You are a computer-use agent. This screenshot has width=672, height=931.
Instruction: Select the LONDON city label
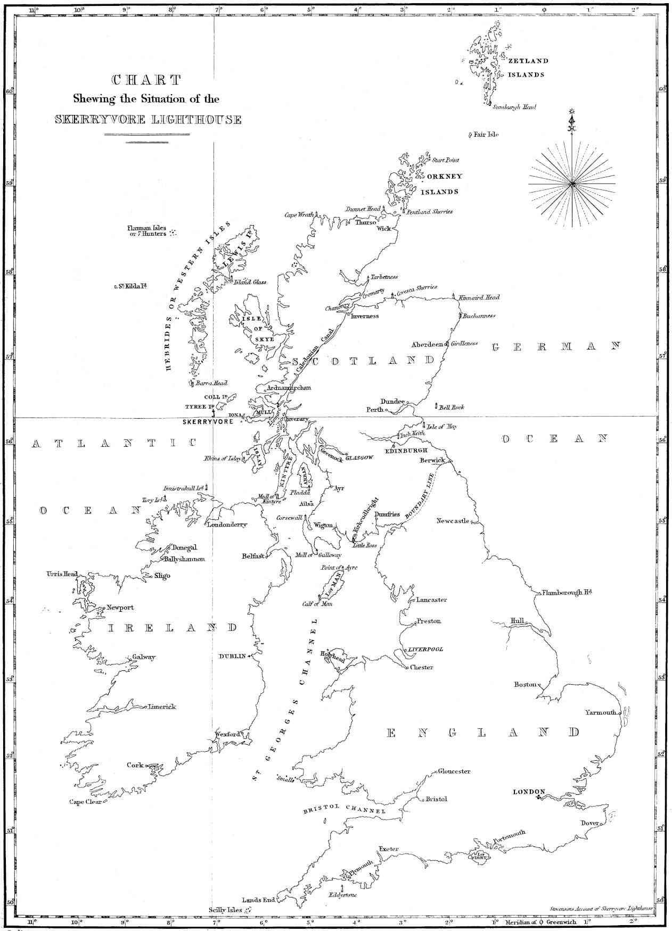coord(526,792)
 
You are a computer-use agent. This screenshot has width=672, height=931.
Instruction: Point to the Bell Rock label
coord(452,407)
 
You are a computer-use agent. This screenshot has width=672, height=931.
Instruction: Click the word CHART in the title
coord(146,80)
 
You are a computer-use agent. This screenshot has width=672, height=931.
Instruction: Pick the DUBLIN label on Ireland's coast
coord(232,656)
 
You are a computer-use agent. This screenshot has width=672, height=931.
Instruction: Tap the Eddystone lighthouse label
coord(342,895)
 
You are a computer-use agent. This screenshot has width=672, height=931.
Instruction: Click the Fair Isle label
coord(486,135)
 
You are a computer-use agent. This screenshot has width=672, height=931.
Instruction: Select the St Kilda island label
coord(132,286)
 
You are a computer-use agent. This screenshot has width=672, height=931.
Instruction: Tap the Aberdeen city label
coord(427,345)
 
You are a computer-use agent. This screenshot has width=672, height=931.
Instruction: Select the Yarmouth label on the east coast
coord(600,712)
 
